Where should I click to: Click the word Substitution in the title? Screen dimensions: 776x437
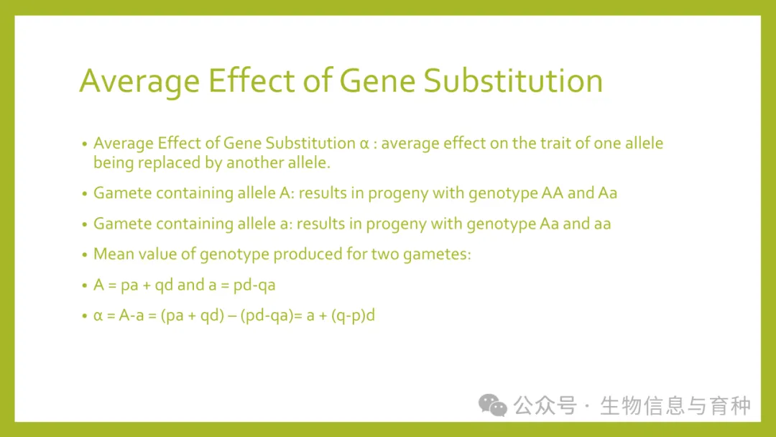513,80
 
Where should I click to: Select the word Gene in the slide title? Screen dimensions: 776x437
377,80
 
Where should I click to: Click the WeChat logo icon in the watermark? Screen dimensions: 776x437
492,405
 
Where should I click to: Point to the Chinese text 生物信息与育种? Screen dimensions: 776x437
675,405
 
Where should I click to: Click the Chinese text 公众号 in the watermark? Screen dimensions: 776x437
545,405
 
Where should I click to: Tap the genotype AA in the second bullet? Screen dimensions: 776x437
553,193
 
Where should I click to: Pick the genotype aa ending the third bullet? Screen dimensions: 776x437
602,224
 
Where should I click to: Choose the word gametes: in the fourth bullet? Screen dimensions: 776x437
437,254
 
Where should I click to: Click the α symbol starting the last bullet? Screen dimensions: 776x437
98,316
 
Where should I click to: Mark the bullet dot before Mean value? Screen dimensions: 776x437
85,255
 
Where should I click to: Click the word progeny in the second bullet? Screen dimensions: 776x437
398,193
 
